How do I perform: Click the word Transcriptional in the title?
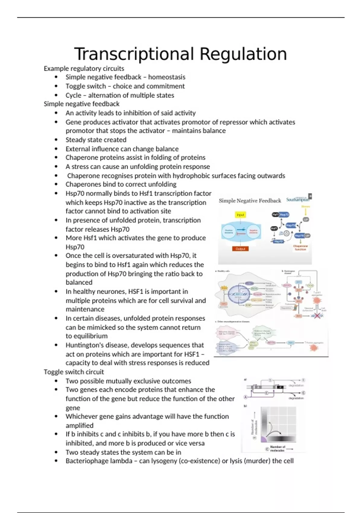tap(134, 54)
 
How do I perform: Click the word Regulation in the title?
tap(243, 54)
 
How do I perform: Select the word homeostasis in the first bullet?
tap(167, 77)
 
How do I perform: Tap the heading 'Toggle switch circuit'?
tap(74, 372)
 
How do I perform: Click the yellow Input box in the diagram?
tap(240, 215)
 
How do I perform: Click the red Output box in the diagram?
tap(240, 249)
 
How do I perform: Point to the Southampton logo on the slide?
tap(298, 199)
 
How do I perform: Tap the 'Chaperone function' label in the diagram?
tap(300, 248)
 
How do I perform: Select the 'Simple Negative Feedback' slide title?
tap(250, 201)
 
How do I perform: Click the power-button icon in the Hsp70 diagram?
tap(287, 233)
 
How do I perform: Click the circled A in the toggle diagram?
tap(246, 397)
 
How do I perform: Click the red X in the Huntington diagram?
tap(316, 316)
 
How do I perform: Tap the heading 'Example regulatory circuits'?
tap(84, 69)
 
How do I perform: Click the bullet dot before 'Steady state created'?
tap(56, 140)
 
